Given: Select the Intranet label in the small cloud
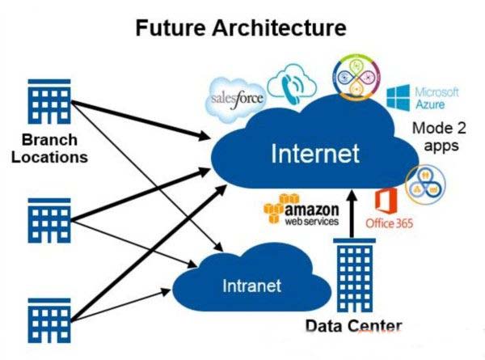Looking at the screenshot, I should click(x=252, y=286).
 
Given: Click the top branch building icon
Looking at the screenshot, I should click(x=49, y=102).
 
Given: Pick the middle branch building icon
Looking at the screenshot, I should click(x=50, y=219).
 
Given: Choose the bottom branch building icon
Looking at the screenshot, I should click(x=50, y=317).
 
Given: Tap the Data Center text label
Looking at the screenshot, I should click(x=353, y=327).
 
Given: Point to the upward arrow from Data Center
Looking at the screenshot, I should click(x=352, y=214).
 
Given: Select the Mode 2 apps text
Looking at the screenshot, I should click(x=436, y=138).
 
